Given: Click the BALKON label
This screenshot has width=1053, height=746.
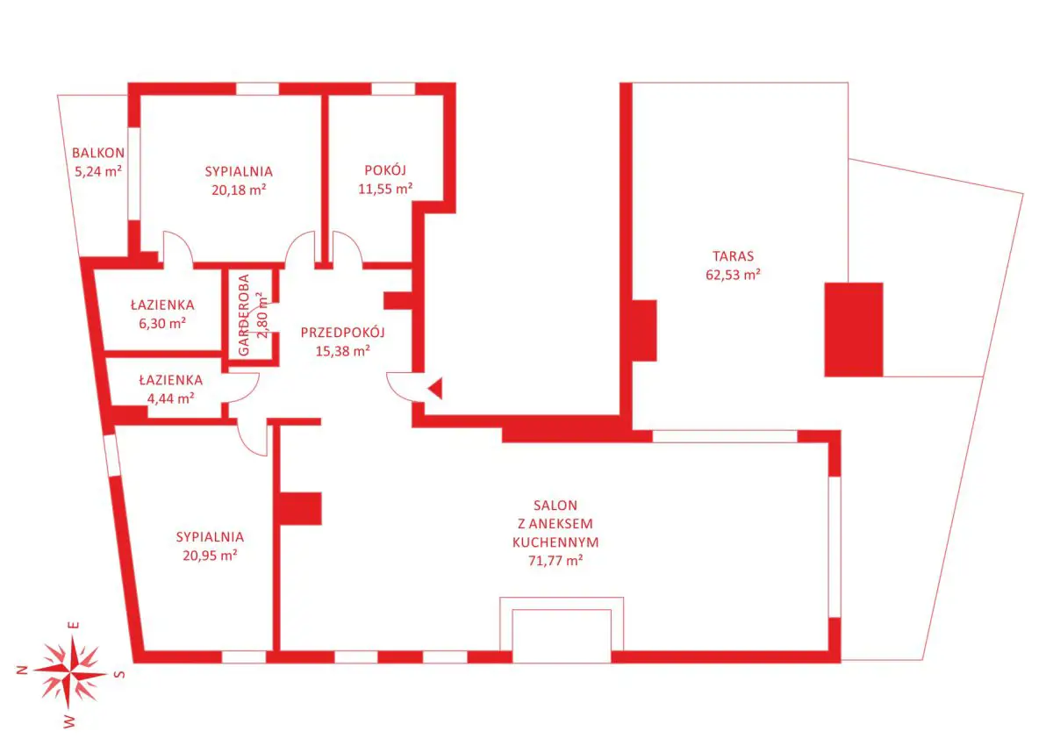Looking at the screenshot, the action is click(98, 153).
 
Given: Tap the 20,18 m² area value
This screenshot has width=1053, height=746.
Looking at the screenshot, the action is click(239, 190).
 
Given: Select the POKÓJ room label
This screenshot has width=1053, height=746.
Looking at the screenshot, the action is click(385, 170).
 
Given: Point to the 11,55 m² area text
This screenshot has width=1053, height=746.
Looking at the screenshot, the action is click(385, 189).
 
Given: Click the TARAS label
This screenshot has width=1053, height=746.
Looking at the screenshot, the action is click(733, 256).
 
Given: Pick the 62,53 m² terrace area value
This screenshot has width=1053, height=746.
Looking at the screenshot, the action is click(733, 275).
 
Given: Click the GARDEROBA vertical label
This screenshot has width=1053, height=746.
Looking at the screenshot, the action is click(244, 315).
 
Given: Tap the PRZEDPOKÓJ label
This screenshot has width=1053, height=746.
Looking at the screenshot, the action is click(343, 333).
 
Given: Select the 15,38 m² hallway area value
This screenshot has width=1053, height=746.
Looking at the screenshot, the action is click(343, 351).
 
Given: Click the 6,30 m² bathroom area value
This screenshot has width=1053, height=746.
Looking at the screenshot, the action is click(162, 323).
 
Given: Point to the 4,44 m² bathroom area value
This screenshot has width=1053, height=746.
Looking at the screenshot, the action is click(170, 398).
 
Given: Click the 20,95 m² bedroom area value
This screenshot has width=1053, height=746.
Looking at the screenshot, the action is click(210, 556).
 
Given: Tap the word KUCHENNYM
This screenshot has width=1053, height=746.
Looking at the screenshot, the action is click(555, 542).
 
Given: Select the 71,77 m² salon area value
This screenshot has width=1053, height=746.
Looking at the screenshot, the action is click(555, 561).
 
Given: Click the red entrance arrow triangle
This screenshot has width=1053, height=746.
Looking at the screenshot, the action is click(436, 388).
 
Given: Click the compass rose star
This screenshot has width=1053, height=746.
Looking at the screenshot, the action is click(70, 672).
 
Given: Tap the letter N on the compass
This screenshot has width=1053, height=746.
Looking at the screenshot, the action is click(22, 671).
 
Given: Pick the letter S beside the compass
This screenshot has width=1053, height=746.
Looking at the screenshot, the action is click(120, 675).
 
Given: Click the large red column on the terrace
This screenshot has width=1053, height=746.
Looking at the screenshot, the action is click(854, 329).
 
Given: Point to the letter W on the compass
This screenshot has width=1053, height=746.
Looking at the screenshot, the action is click(68, 721).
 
